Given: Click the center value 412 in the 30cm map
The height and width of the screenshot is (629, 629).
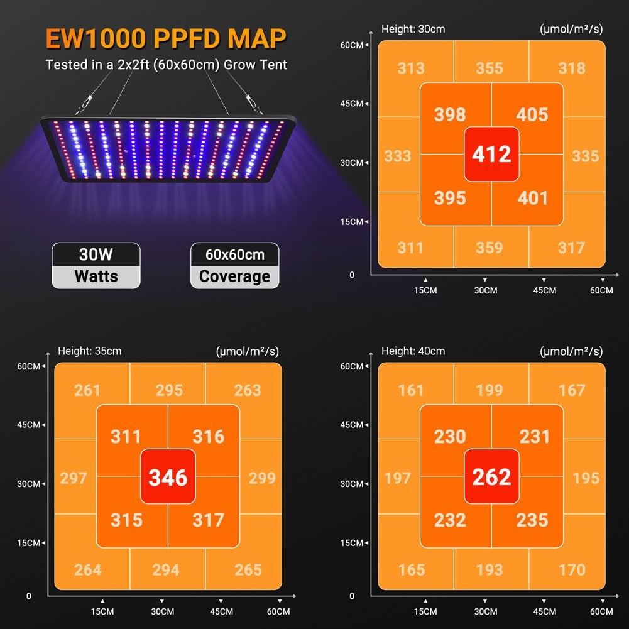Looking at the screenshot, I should click(491, 155).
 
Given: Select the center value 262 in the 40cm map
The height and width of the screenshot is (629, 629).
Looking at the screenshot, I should click(491, 477).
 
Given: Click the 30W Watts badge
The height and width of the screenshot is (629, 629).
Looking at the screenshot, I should click(96, 265).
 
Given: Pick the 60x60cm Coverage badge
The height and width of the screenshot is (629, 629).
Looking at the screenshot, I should click(234, 265).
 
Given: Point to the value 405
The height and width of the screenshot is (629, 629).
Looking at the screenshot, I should click(532, 114).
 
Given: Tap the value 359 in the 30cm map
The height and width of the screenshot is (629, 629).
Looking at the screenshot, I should click(489, 248).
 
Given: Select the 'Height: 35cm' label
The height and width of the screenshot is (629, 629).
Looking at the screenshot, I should click(90, 351).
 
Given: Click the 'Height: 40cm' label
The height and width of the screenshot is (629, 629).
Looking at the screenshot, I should click(413, 351).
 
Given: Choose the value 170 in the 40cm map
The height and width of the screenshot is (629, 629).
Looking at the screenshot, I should click(571, 570).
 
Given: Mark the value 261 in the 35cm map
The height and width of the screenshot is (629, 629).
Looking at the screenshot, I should click(87, 390).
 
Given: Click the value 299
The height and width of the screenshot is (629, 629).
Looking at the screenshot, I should click(262, 478).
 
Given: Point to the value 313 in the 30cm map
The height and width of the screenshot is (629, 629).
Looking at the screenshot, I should click(411, 68).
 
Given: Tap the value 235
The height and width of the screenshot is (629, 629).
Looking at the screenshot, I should click(532, 520).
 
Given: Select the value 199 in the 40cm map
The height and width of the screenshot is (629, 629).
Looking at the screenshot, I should click(489, 390).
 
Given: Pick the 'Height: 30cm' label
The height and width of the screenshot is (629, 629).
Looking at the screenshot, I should click(413, 29).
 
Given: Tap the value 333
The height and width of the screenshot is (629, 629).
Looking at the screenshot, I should click(397, 156).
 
